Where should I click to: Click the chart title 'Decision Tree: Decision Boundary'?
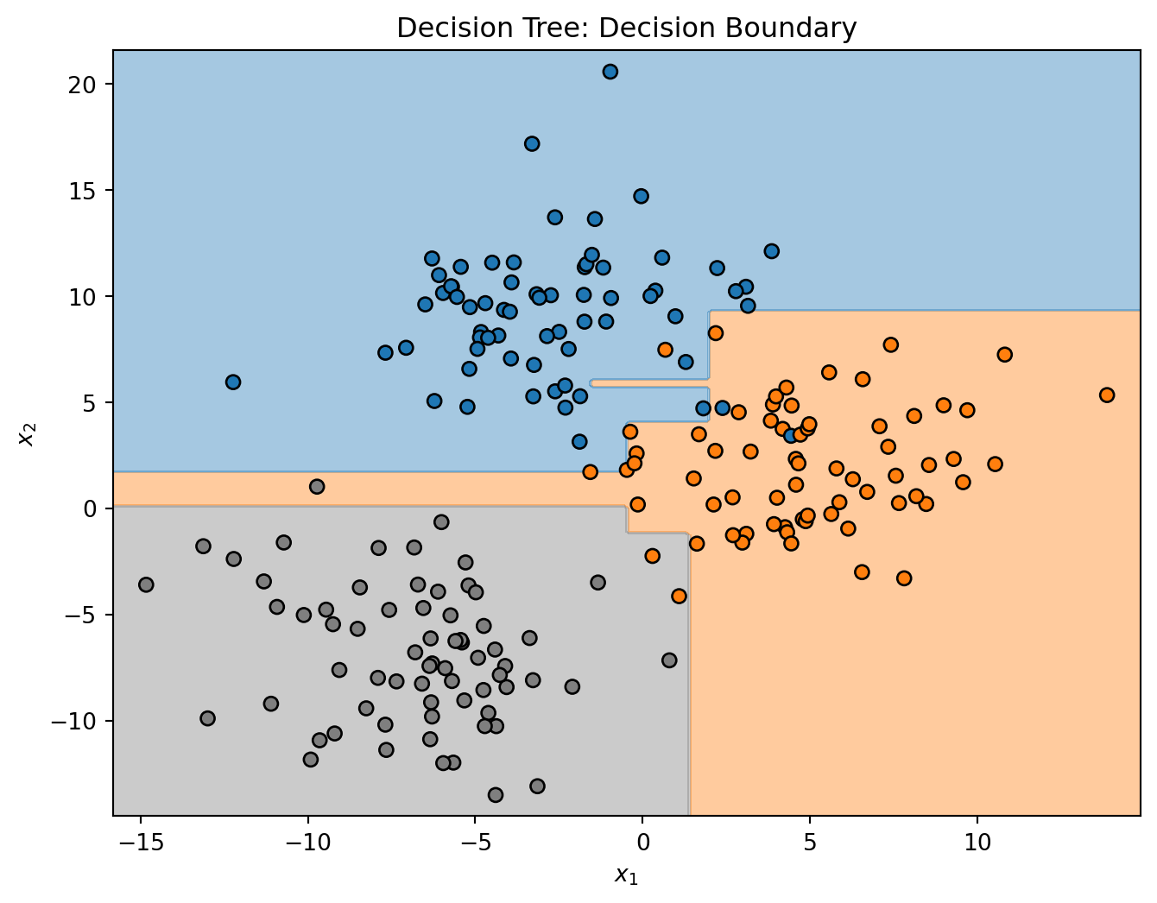pos(626,28)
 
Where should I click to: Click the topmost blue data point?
pos(610,72)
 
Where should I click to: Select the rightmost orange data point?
pos(1107,395)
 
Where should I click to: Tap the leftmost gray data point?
pos(146,584)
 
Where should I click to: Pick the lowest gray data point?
pos(496,794)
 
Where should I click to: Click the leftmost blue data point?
pos(233,382)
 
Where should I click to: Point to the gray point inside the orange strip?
pos(317,486)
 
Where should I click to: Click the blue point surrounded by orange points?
pos(791,435)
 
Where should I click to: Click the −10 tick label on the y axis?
pos(83,721)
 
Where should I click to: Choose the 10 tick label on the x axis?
pos(977,838)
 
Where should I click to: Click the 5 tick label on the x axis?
pos(809,838)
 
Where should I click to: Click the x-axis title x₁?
pos(626,875)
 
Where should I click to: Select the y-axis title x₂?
pos(27,433)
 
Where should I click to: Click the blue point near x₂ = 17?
pos(532,143)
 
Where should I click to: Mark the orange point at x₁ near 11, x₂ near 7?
pos(1004,354)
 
